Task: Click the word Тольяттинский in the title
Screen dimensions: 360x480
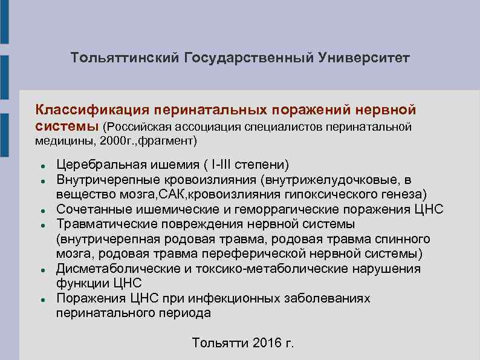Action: [124, 59]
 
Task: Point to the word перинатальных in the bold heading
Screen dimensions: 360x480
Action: [210, 110]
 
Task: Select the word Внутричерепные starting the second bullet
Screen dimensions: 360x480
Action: [106, 180]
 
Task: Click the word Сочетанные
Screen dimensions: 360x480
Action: [90, 209]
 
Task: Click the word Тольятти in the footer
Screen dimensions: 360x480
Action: [220, 343]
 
